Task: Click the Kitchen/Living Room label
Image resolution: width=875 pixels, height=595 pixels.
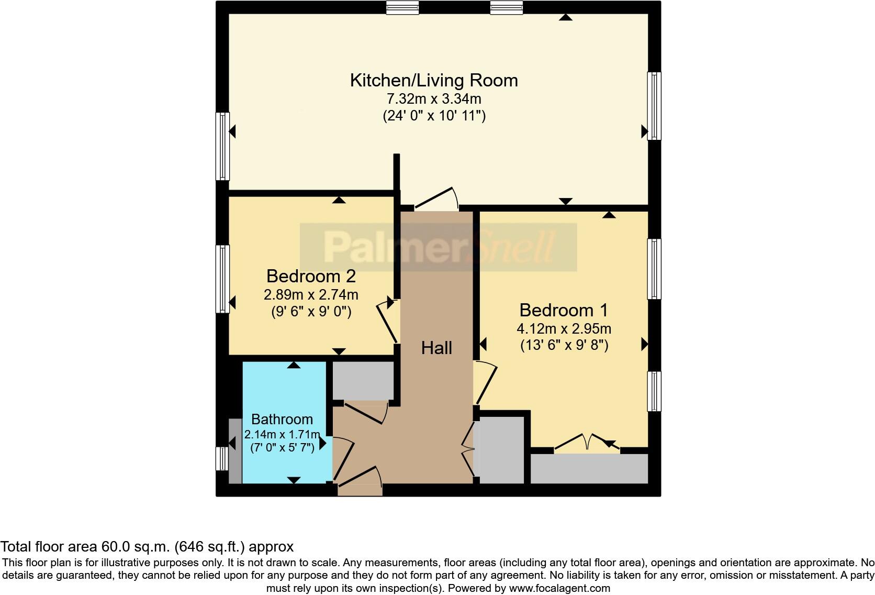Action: point(434,81)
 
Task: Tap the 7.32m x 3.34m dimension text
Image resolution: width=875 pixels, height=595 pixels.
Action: point(434,98)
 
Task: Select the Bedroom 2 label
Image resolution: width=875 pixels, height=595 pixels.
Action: point(311,276)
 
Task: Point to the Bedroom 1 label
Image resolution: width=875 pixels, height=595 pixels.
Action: point(564,310)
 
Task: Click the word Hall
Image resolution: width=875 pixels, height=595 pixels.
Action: point(436,348)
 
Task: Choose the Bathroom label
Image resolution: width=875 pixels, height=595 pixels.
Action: point(282,419)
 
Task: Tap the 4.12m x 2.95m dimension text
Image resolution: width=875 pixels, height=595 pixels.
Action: point(564,329)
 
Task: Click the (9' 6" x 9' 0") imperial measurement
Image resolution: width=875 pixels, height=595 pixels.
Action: point(311,312)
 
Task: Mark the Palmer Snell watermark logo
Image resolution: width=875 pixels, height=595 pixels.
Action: point(438,247)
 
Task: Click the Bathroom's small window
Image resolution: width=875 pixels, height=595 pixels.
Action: point(222,458)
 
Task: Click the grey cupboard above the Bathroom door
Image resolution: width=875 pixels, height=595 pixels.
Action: point(363,381)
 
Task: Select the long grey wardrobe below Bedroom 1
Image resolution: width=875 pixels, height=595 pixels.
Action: point(589,469)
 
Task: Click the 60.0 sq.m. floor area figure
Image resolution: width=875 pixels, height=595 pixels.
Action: point(135,547)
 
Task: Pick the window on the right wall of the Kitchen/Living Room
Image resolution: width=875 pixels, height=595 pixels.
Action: point(654,106)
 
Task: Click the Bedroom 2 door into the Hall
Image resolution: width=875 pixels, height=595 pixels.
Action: point(388,323)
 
